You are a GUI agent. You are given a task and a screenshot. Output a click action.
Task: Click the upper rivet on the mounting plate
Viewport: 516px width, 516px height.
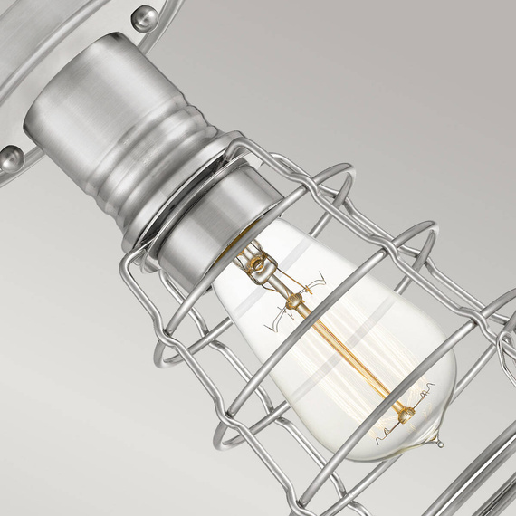(x=144, y=16)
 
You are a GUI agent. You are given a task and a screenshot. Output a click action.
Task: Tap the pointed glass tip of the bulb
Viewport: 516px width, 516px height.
(x=438, y=441)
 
